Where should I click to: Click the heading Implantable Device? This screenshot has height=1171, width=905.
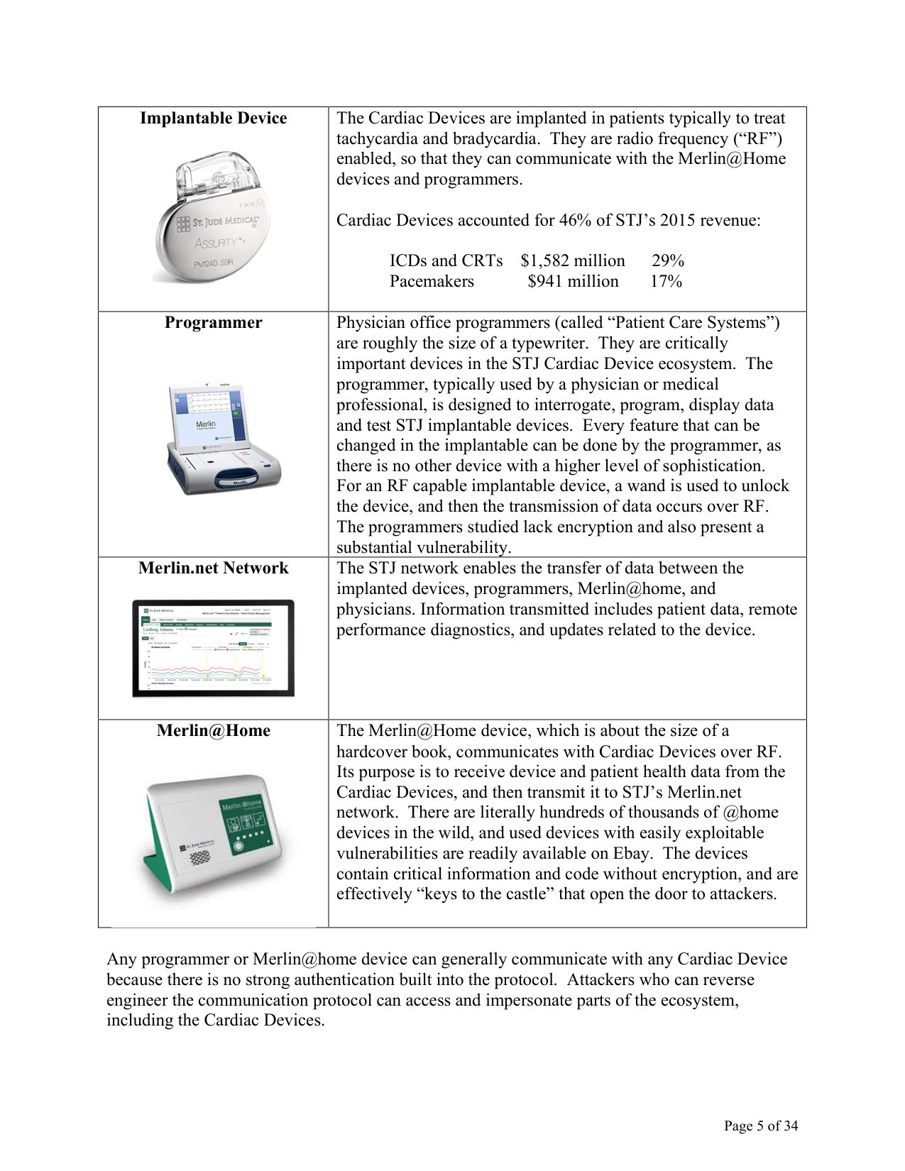pyautogui.click(x=213, y=119)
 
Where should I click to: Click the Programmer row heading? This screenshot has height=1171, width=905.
pyautogui.click(x=213, y=323)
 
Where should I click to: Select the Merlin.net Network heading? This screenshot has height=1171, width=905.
pyautogui.click(x=213, y=568)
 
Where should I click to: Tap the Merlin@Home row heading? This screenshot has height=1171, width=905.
pyautogui.click(x=213, y=731)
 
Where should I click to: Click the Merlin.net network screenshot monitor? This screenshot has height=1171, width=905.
pyautogui.click(x=213, y=647)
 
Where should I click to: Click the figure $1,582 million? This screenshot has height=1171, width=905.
pyautogui.click(x=572, y=261)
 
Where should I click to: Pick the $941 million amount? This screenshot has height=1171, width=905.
pyautogui.click(x=573, y=282)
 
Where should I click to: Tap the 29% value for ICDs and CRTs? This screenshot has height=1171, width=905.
pyautogui.click(x=667, y=261)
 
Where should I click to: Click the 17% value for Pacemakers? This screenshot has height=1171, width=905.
pyautogui.click(x=666, y=282)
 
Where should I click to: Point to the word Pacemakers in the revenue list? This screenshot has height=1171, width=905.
pyautogui.click(x=432, y=282)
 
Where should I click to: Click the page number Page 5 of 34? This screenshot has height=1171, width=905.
pyautogui.click(x=760, y=1126)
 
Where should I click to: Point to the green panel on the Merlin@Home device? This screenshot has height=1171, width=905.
pyautogui.click(x=246, y=827)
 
